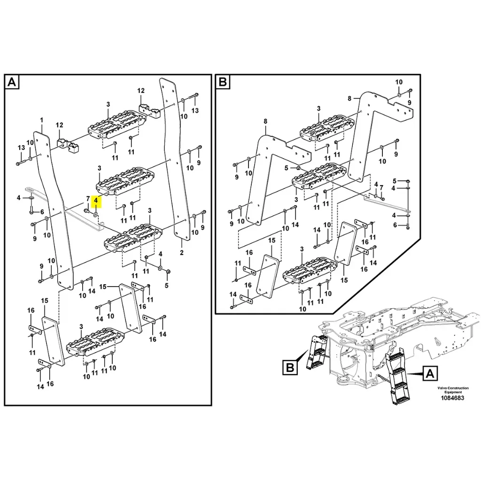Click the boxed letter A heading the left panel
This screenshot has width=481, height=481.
click(12, 83)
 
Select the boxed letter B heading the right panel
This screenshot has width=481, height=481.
click(223, 83)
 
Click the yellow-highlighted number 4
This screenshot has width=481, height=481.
click(96, 202)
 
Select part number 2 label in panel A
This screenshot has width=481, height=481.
click(182, 253)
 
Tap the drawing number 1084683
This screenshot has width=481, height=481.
click(452, 398)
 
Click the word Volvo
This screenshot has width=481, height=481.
click(443, 388)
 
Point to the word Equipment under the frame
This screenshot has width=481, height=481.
click(453, 392)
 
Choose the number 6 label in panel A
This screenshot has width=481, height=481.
click(41, 212)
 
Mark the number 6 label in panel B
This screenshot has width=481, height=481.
click(395, 225)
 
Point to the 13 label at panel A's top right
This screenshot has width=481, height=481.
click(195, 110)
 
